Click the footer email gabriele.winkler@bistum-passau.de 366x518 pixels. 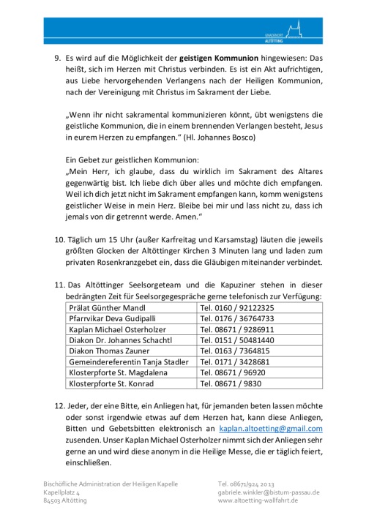[x=269, y=493]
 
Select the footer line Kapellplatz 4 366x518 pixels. [x=65, y=493]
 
